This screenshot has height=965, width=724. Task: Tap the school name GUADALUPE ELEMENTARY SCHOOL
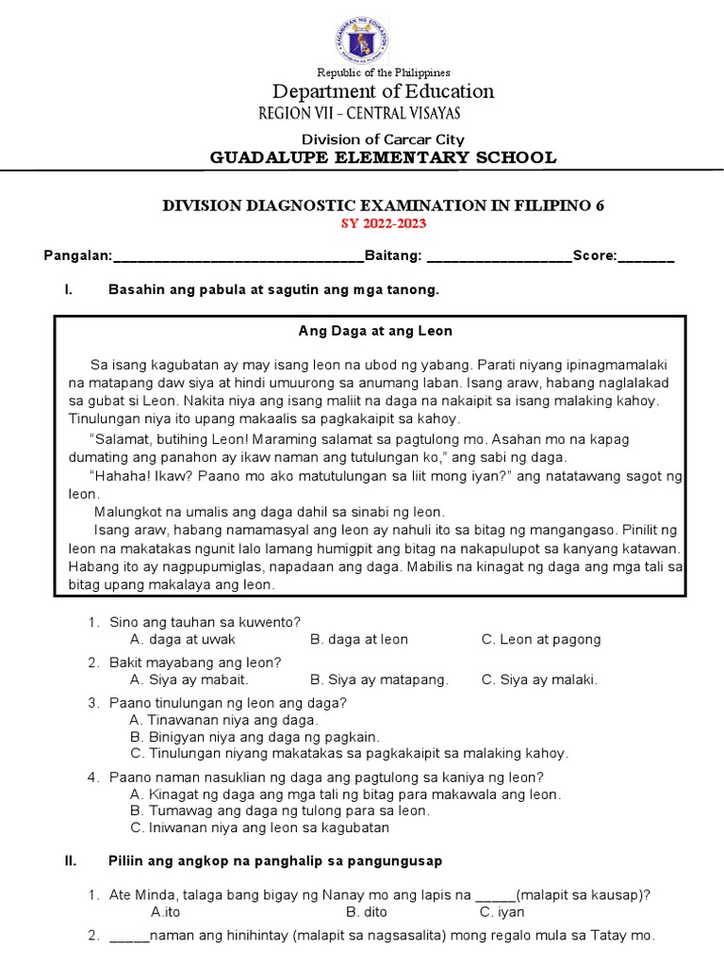(383, 157)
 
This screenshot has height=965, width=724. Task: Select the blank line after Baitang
(499, 257)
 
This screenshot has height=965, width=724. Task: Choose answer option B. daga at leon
(358, 639)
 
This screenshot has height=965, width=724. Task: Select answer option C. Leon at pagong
(540, 639)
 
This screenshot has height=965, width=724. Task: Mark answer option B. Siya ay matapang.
(379, 679)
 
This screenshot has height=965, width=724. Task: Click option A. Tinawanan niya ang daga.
(218, 720)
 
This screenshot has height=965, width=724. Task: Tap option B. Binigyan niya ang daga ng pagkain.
(255, 736)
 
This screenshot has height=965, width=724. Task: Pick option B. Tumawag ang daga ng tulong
(280, 810)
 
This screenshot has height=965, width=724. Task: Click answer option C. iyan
(502, 912)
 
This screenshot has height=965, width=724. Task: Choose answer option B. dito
(366, 912)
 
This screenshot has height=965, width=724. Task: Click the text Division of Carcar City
(383, 139)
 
